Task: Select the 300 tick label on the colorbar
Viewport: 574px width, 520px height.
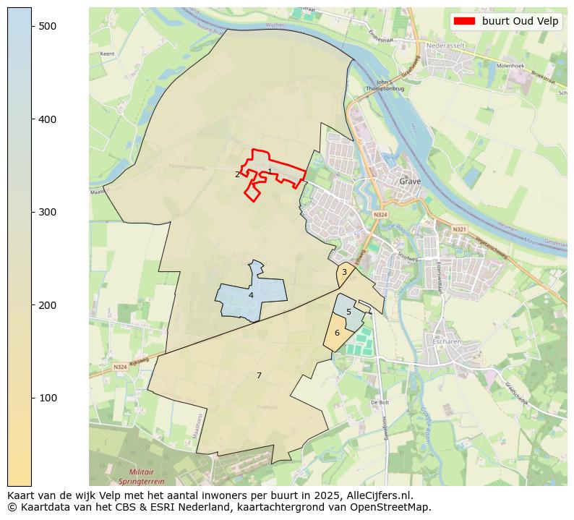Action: (47, 212)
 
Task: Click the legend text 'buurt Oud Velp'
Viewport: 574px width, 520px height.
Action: (520, 21)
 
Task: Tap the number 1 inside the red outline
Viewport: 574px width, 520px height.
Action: (270, 171)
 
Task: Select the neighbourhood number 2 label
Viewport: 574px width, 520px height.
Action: (237, 174)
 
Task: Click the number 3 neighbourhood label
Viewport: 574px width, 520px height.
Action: (344, 272)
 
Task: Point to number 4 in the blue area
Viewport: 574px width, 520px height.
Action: (251, 295)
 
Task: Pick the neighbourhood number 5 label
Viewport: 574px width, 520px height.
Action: (348, 312)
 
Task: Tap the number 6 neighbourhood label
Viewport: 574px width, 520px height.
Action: (337, 333)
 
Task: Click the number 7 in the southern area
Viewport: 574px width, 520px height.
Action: (259, 375)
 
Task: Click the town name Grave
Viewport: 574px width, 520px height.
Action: (410, 182)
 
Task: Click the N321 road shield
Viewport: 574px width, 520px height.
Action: (459, 229)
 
